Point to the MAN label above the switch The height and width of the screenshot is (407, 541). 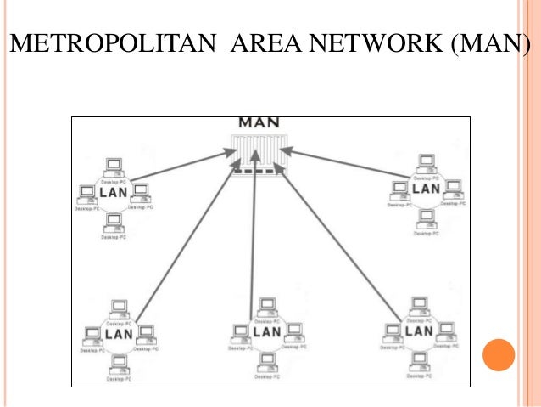[x=258, y=122]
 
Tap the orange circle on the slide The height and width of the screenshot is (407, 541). [x=498, y=355]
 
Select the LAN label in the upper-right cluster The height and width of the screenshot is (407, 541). [x=426, y=189]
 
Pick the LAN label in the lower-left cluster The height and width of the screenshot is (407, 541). [x=118, y=334]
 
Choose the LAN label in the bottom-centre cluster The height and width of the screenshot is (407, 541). [x=266, y=332]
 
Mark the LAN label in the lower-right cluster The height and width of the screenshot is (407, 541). [x=418, y=331]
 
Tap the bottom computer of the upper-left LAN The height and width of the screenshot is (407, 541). [x=114, y=222]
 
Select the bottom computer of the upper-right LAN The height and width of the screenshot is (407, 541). [x=425, y=218]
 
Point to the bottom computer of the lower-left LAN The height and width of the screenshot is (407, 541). [x=119, y=364]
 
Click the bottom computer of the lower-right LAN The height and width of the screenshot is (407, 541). [x=418, y=360]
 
